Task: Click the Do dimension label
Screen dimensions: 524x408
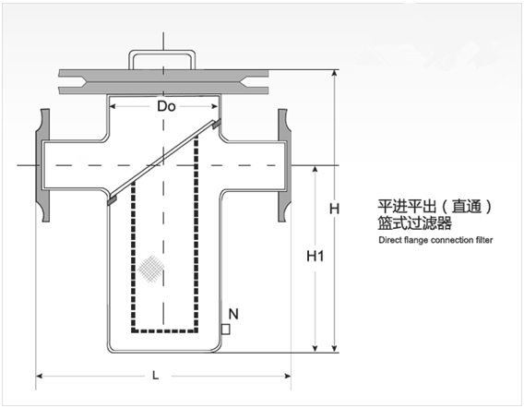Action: (x=166, y=106)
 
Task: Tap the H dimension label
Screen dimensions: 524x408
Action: (x=334, y=209)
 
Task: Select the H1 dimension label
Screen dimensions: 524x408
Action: (x=316, y=257)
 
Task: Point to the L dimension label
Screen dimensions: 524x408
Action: (x=155, y=376)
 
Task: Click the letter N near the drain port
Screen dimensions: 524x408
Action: (x=233, y=314)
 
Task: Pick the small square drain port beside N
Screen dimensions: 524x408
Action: (x=226, y=330)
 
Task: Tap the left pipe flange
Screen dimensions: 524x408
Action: (x=42, y=165)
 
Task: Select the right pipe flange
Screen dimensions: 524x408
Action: (x=284, y=165)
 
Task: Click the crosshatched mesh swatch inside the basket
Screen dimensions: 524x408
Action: (x=151, y=269)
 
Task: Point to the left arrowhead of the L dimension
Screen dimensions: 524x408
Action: (x=39, y=376)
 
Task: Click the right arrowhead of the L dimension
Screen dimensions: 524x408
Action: (x=288, y=376)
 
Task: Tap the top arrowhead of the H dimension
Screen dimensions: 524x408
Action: (x=335, y=74)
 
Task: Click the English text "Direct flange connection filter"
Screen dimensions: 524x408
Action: (x=435, y=240)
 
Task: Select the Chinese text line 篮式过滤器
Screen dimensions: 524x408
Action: (x=415, y=223)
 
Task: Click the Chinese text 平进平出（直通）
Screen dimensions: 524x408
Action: (x=435, y=206)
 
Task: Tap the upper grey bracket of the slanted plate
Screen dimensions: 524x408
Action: (x=217, y=124)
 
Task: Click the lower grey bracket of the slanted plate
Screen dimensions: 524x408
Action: (x=112, y=200)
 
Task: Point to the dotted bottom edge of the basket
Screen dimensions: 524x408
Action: (x=165, y=330)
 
